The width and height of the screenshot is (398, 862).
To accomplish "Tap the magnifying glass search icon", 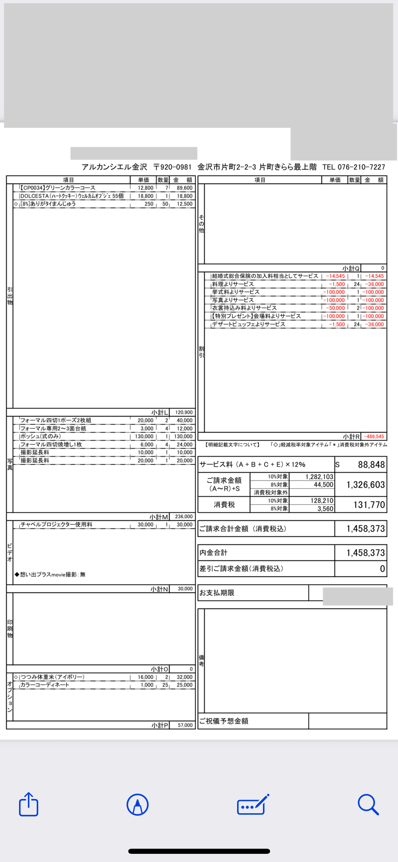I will (x=368, y=804).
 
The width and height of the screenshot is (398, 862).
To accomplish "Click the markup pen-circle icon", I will (x=137, y=804).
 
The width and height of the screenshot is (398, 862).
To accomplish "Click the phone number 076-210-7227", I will (x=361, y=167).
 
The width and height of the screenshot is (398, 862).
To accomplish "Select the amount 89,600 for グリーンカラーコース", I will (x=184, y=188).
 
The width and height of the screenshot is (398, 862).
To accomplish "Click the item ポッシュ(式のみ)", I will (x=41, y=436).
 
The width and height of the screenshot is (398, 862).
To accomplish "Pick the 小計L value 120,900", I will (x=184, y=412).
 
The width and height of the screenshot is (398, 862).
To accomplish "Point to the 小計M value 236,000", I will (x=184, y=516).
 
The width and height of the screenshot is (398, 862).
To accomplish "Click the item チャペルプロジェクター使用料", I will (x=56, y=525).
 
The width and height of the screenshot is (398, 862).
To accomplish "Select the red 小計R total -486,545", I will (x=374, y=436).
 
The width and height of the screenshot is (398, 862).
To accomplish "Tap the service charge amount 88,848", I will (x=371, y=465).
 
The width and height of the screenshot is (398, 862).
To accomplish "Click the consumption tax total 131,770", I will (x=369, y=505).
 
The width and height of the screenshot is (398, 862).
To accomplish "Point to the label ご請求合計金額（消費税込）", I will (x=243, y=529).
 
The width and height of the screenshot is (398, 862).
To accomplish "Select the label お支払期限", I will (x=217, y=593).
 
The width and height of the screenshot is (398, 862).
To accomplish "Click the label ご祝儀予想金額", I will (x=224, y=721).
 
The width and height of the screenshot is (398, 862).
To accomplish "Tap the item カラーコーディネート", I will (x=45, y=685).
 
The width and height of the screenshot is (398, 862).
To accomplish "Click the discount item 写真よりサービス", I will (x=233, y=300).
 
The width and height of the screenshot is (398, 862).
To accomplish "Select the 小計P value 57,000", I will (x=185, y=725).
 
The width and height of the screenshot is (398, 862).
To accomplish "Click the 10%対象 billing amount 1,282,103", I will (x=319, y=477).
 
